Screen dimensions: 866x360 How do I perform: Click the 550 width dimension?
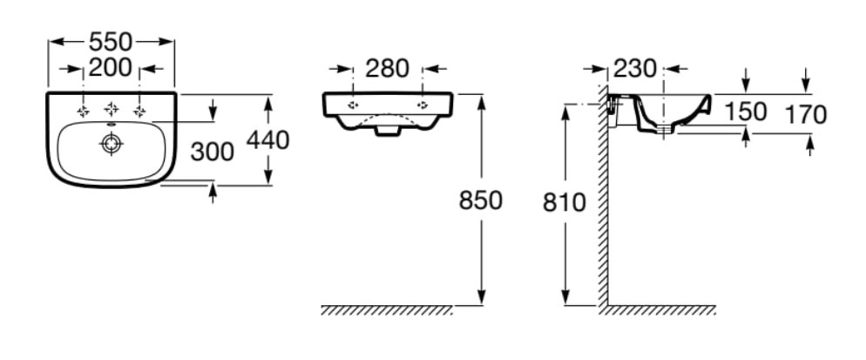pos(111,42)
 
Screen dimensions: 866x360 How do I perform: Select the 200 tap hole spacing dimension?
pos(111,68)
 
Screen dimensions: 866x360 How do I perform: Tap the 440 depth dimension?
pos(267,140)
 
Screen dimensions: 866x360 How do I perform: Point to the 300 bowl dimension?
pos(212,152)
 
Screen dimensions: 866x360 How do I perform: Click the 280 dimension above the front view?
pos(387,69)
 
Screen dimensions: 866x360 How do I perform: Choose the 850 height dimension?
pos(481,200)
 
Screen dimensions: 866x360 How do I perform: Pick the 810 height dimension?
pos(564,203)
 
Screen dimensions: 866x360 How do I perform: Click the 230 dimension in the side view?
pos(634,69)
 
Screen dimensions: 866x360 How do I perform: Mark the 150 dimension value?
pos(746,112)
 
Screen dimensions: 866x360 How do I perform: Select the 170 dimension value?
pos(805,115)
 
